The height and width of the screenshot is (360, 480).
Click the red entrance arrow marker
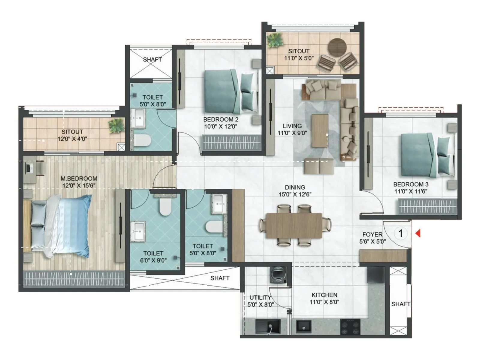tap(418, 233)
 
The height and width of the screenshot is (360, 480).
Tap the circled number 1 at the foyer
tap(400, 233)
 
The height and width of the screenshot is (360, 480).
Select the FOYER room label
tap(372, 235)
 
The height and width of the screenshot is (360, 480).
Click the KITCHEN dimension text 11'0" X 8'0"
tap(324, 302)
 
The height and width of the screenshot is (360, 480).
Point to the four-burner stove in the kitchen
tap(350, 327)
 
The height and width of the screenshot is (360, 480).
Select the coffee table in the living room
tap(320, 130)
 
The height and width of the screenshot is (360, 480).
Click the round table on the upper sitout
tap(337, 47)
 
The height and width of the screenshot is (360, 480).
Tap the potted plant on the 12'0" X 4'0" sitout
tap(116, 125)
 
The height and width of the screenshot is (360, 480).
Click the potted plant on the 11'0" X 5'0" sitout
tap(275, 40)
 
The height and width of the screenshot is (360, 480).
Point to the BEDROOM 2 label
tap(220, 119)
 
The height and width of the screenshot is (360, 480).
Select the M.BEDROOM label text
tap(79, 178)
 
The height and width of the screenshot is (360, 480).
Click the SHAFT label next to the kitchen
tap(400, 304)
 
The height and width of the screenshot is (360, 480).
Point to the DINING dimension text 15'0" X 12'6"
tap(295, 194)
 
